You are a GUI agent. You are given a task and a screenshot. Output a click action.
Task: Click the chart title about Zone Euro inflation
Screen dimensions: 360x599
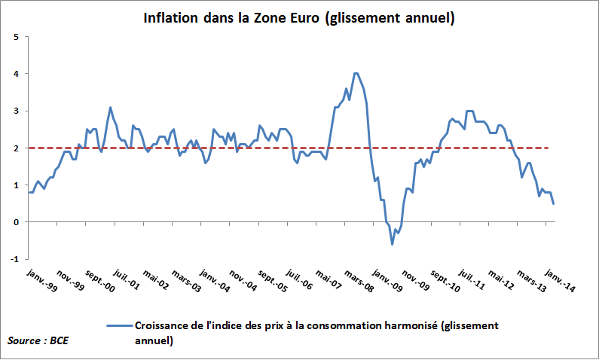coord(299,17)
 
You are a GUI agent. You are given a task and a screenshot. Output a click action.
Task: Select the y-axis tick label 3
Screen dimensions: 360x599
coord(16,111)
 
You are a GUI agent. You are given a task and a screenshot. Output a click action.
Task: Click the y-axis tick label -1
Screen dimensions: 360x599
coord(14,259)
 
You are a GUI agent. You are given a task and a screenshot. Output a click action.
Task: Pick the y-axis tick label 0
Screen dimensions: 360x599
coord(16,222)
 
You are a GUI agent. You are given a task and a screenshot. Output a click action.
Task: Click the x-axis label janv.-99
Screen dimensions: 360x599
coord(41,280)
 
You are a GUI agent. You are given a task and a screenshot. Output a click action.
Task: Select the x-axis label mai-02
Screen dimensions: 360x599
coord(157,280)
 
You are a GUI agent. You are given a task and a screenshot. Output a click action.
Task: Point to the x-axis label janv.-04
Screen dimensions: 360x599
coord(216,281)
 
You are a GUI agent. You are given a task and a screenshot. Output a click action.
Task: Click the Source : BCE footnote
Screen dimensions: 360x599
coord(37,341)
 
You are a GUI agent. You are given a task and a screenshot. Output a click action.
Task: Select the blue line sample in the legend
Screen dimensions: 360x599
coord(119,325)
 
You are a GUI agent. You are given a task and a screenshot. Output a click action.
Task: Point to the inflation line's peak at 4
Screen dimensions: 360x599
coord(356,73)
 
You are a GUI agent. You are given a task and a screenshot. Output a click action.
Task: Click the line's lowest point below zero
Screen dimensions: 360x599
coord(392,244)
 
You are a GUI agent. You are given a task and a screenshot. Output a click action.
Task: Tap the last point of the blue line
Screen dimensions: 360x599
coord(555,203)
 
